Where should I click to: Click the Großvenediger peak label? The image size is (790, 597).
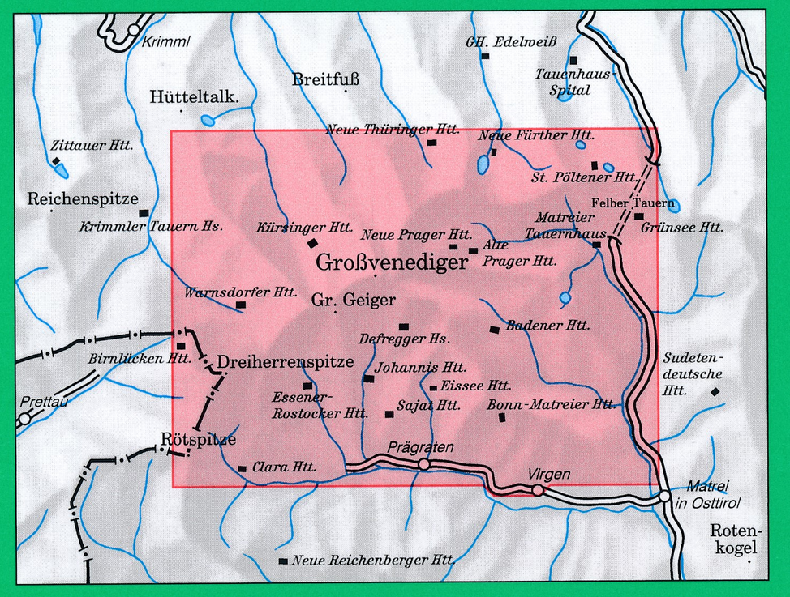click(x=392, y=263)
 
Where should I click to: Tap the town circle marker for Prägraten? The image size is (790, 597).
click(x=423, y=464)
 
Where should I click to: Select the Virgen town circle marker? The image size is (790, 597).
click(x=538, y=490)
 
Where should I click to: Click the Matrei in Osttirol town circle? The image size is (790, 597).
click(x=664, y=496)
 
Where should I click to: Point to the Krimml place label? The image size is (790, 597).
click(x=165, y=43)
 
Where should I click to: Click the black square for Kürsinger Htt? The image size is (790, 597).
click(x=312, y=243)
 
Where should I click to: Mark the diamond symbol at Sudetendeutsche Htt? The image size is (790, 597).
click(x=715, y=392)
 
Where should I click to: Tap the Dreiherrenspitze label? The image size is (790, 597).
click(x=286, y=362)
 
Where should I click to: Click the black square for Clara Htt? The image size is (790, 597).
click(x=242, y=468)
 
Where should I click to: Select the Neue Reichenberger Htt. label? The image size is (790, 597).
click(x=372, y=560)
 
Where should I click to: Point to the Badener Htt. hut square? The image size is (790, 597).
click(x=495, y=329)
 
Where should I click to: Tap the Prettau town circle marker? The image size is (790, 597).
click(x=25, y=419)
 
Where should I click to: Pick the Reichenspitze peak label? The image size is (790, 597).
click(x=83, y=198)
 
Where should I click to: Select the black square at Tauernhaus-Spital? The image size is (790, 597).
click(x=573, y=61)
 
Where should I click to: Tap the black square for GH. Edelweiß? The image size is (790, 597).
click(x=485, y=57)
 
